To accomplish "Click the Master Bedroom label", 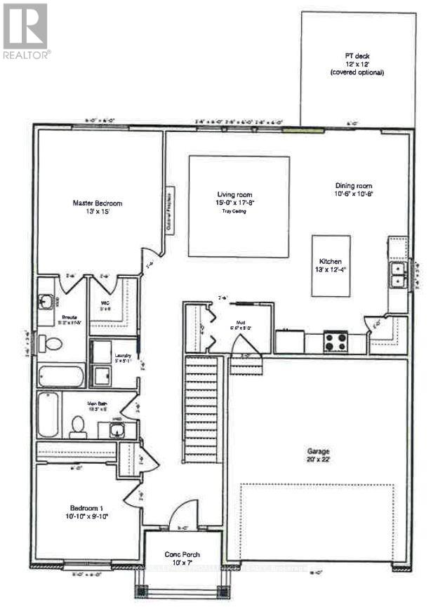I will (98, 204).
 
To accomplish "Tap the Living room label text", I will (234, 195).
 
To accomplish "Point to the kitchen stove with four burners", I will (335, 342).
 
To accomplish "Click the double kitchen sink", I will (398, 274).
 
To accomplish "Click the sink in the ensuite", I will (48, 302).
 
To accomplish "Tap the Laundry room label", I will (124, 356).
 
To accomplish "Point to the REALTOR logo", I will (25, 32).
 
